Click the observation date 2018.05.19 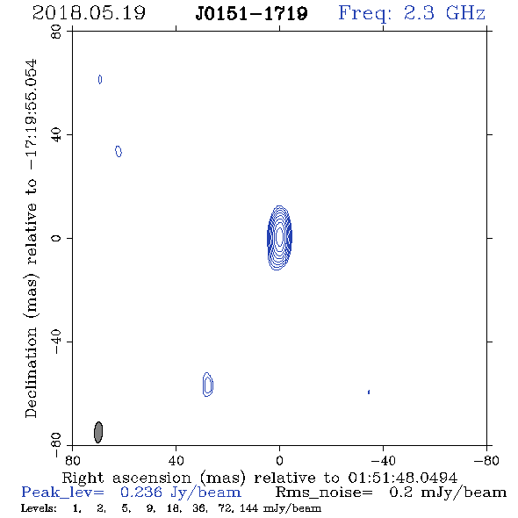(x=89, y=13)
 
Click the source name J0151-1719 (x=251, y=13)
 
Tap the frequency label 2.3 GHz (x=444, y=13)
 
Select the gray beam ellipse (x=98, y=432)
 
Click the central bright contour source (x=279, y=238)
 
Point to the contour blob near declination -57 (x=207, y=385)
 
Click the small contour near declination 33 (x=119, y=151)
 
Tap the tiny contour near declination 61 (x=100, y=79)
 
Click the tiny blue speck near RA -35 (x=369, y=392)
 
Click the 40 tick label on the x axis (x=176, y=461)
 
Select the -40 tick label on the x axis (x=383, y=461)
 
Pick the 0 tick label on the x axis (x=279, y=461)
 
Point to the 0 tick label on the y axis (x=56, y=238)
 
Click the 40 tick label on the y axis (x=56, y=135)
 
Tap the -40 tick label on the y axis (x=56, y=342)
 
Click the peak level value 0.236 (x=141, y=493)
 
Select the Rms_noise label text (x=324, y=493)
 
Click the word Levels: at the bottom (x=39, y=508)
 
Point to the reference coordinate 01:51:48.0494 (x=402, y=478)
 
